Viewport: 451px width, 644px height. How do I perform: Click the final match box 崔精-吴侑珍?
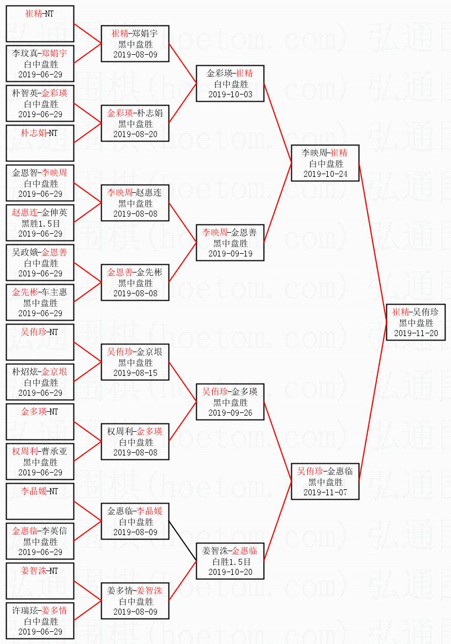click(x=416, y=322)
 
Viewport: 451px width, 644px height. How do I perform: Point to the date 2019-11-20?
click(x=416, y=333)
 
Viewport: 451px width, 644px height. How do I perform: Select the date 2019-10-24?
click(x=326, y=174)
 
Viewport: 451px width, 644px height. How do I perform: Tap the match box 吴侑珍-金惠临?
click(x=326, y=481)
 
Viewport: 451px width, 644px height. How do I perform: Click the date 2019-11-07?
click(x=326, y=493)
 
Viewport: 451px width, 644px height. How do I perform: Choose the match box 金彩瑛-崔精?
click(x=230, y=83)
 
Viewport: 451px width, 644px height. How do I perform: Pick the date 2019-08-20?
click(x=135, y=134)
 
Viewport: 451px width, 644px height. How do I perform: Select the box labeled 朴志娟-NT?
click(x=40, y=142)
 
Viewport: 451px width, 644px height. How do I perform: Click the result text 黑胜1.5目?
click(x=40, y=223)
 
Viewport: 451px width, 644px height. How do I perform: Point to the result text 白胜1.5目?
click(x=230, y=562)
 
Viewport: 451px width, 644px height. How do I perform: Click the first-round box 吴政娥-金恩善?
click(x=40, y=263)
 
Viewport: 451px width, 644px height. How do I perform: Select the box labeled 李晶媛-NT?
click(x=40, y=500)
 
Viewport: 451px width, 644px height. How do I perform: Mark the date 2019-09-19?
click(x=230, y=254)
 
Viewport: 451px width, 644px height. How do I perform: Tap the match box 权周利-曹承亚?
click(x=40, y=462)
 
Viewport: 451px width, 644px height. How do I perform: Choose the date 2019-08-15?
click(x=135, y=373)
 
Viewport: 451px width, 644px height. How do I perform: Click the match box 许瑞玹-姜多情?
click(x=40, y=621)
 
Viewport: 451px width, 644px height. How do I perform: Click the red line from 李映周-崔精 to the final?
click(x=373, y=243)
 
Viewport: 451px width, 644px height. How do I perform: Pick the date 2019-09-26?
click(x=230, y=413)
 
